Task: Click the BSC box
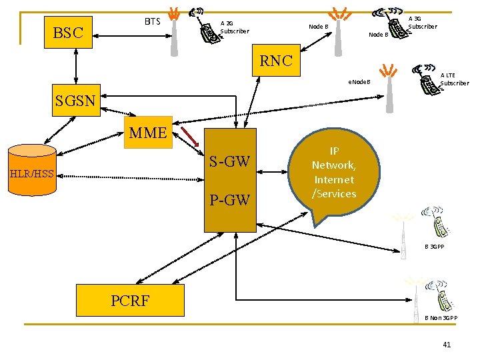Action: [68, 32]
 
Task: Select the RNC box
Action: [276, 61]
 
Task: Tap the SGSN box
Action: [75, 101]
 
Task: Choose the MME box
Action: [147, 132]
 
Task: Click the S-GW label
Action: [229, 161]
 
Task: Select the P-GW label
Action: [229, 199]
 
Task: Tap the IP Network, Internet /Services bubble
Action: [334, 173]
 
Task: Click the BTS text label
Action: [153, 21]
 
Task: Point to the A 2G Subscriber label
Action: [234, 27]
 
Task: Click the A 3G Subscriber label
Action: [422, 23]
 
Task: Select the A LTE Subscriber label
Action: [455, 79]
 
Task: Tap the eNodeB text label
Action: [359, 83]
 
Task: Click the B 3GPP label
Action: [435, 247]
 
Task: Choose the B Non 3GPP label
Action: [441, 318]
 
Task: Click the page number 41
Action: [446, 344]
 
